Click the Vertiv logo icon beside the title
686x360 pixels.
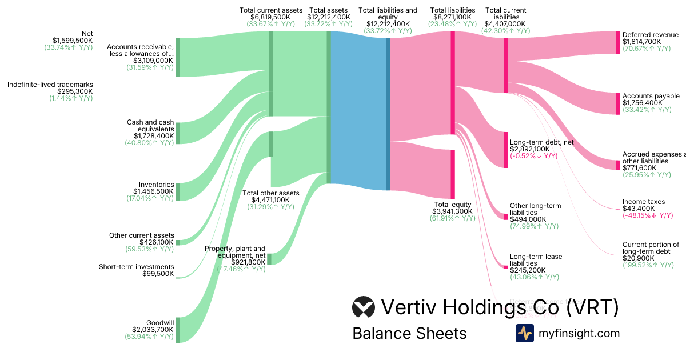[x=364, y=307]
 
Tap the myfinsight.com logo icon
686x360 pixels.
[x=524, y=333]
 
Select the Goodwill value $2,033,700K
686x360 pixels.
[x=153, y=330]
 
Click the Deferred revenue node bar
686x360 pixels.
[x=617, y=42]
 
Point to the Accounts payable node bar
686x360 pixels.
[x=617, y=103]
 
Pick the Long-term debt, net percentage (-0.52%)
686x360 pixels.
[x=533, y=156]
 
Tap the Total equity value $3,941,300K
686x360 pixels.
[x=452, y=211]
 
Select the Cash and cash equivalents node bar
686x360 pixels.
[x=178, y=133]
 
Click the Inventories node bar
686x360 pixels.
[x=178, y=192]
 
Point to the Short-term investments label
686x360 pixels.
[x=136, y=266]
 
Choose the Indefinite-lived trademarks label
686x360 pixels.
[x=50, y=85]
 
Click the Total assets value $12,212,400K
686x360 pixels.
[x=329, y=17]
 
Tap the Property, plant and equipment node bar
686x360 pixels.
[x=269, y=259]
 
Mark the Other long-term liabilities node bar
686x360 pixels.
[x=505, y=216]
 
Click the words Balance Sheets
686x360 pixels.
[x=409, y=333]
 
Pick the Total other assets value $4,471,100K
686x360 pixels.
[x=270, y=200]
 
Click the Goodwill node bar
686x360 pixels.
[x=178, y=330]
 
